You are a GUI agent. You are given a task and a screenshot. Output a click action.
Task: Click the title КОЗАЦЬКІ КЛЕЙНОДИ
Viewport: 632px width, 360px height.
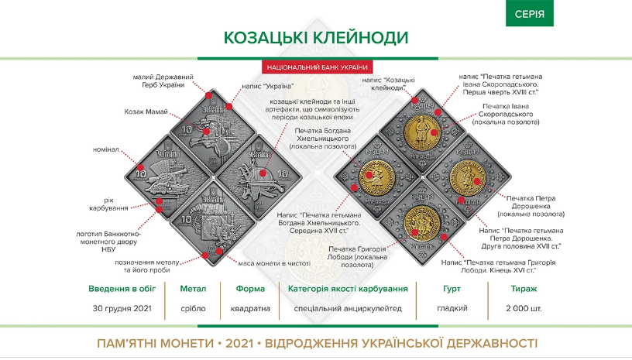pos(316,37)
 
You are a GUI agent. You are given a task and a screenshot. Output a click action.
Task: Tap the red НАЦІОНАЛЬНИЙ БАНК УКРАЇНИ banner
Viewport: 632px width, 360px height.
pos(316,67)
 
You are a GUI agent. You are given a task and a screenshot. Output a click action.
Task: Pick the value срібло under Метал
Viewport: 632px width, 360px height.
pos(193,308)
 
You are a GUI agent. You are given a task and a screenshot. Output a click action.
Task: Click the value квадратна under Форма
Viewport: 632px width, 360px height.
pos(245,308)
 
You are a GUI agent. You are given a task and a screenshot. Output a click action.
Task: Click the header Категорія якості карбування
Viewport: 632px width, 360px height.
pos(348,289)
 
